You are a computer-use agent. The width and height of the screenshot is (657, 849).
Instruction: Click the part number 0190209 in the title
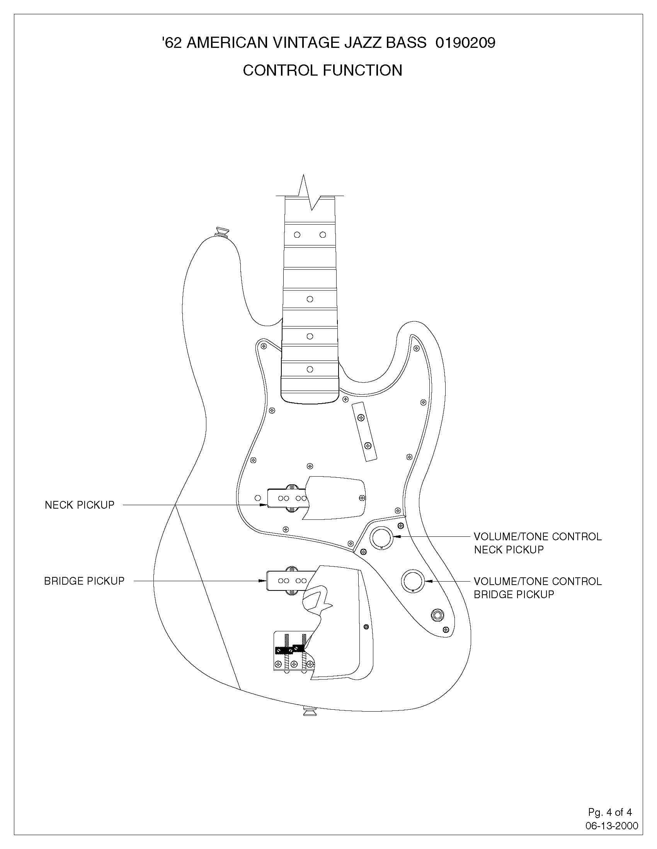click(465, 43)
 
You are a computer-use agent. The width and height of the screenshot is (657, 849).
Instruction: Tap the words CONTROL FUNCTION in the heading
click(322, 70)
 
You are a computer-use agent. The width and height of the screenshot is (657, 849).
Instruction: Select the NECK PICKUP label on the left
click(79, 505)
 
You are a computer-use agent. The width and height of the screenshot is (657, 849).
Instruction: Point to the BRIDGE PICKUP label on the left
click(84, 581)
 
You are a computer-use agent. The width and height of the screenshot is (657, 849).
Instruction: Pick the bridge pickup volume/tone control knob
click(413, 581)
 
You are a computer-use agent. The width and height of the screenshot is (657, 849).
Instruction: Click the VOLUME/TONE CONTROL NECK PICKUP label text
click(537, 543)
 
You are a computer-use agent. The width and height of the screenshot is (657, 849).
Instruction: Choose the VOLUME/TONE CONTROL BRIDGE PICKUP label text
click(537, 588)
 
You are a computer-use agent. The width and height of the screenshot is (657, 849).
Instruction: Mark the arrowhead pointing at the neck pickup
click(263, 505)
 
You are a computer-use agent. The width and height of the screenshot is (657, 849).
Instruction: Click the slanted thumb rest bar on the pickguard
click(364, 432)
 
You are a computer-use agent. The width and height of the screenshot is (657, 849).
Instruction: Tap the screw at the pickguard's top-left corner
click(264, 345)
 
